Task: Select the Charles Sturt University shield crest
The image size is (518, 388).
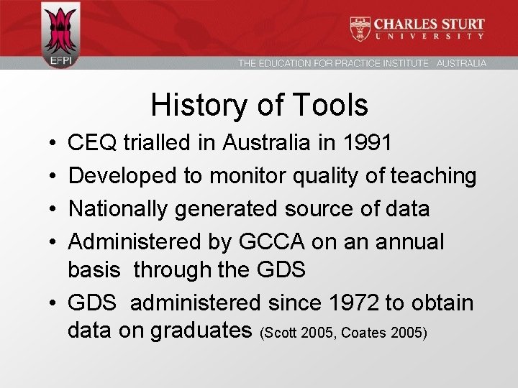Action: click(x=360, y=29)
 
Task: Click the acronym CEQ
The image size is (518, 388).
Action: click(x=92, y=142)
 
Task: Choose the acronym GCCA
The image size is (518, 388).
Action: click(x=274, y=241)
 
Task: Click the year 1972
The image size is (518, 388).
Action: click(x=350, y=302)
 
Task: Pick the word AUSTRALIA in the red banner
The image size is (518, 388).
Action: click(x=461, y=63)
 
